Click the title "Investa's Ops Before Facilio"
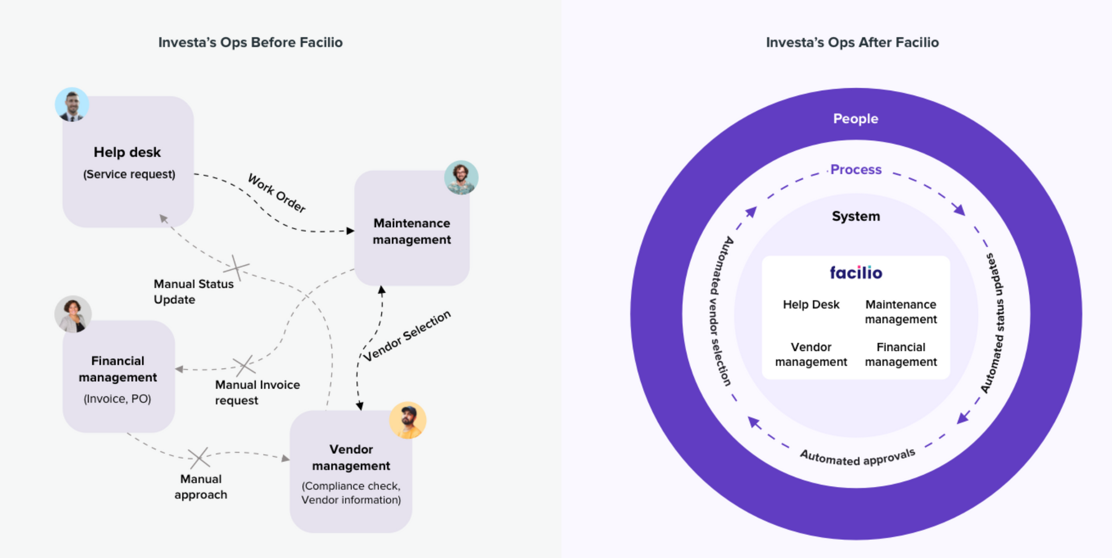pos(250,42)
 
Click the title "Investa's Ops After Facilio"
pos(852,42)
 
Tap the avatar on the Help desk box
pos(72,105)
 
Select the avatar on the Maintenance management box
pos(461,177)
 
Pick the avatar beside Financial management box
pos(73,314)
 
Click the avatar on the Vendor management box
pos(408,420)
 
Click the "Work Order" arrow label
pos(277,193)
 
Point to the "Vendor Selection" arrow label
pos(407,335)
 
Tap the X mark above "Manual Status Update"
pos(237,268)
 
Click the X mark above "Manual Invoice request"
pos(244,366)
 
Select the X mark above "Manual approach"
pos(198,457)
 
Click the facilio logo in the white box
pos(856,273)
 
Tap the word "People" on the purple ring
pos(855,118)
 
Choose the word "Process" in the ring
pos(856,170)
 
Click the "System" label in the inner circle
pos(856,216)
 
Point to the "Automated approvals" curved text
pos(857,457)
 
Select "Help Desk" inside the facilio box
pos(811,305)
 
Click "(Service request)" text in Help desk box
pos(129,175)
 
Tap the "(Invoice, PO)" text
pos(117,399)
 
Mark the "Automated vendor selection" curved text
pos(721,312)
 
